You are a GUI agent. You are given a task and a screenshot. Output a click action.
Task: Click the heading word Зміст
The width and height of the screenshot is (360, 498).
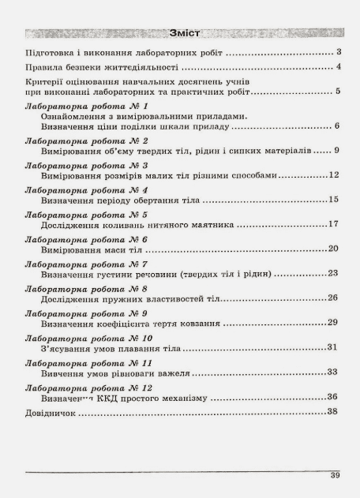point(183,35)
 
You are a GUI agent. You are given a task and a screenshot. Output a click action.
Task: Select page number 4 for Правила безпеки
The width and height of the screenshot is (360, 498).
point(338,67)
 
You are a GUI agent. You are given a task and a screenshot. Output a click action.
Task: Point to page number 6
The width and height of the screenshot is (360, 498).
point(336,126)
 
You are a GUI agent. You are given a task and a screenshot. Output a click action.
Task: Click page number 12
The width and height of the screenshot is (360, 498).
point(334,174)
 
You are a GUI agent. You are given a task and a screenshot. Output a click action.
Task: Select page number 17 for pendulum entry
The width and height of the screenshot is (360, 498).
point(334,224)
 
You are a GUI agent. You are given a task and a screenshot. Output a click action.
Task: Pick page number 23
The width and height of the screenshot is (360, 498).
point(334,273)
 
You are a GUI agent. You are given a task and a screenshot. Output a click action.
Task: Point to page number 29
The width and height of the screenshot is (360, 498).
point(334,323)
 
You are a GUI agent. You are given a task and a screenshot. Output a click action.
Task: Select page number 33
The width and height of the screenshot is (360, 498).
point(334,372)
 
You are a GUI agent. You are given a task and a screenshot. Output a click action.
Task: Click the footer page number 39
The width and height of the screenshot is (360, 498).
point(336,477)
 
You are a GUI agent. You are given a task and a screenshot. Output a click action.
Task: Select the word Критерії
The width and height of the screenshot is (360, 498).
point(46,82)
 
